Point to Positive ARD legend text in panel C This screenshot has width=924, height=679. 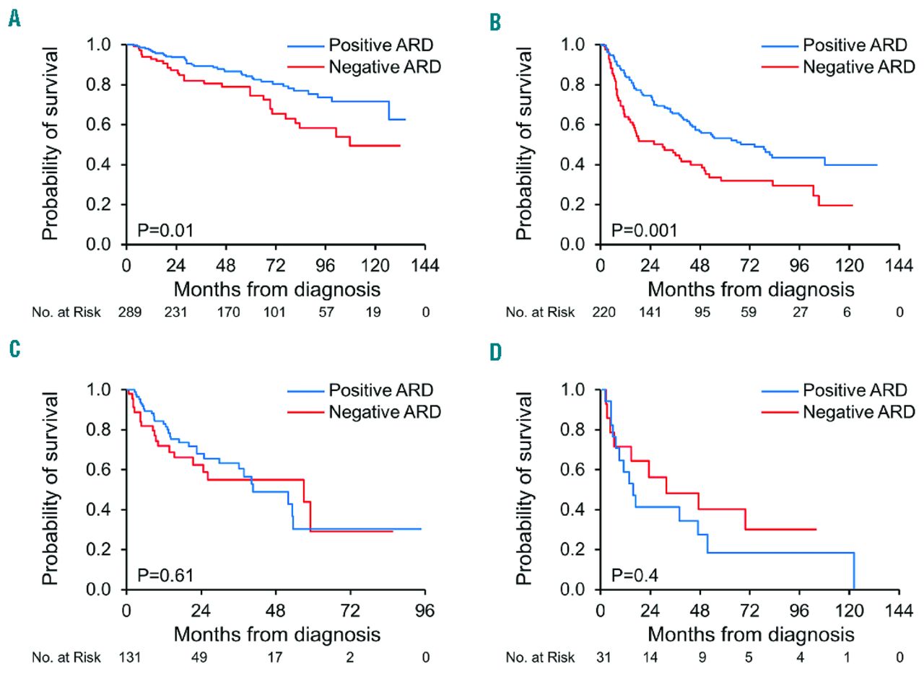[x=381, y=391]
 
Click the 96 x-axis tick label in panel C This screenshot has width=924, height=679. [x=425, y=610]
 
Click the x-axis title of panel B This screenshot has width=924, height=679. [x=751, y=289]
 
